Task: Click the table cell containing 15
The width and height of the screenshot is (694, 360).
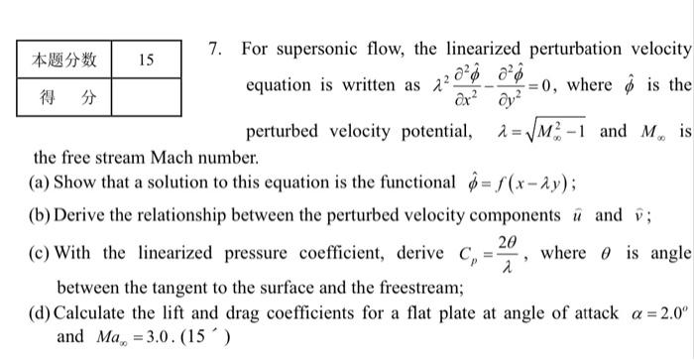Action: pyautogui.click(x=146, y=60)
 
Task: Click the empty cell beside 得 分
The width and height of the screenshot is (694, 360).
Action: pyautogui.click(x=146, y=97)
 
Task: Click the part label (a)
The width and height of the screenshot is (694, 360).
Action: pyautogui.click(x=42, y=182)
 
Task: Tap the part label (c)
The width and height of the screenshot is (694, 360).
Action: pyautogui.click(x=42, y=253)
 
